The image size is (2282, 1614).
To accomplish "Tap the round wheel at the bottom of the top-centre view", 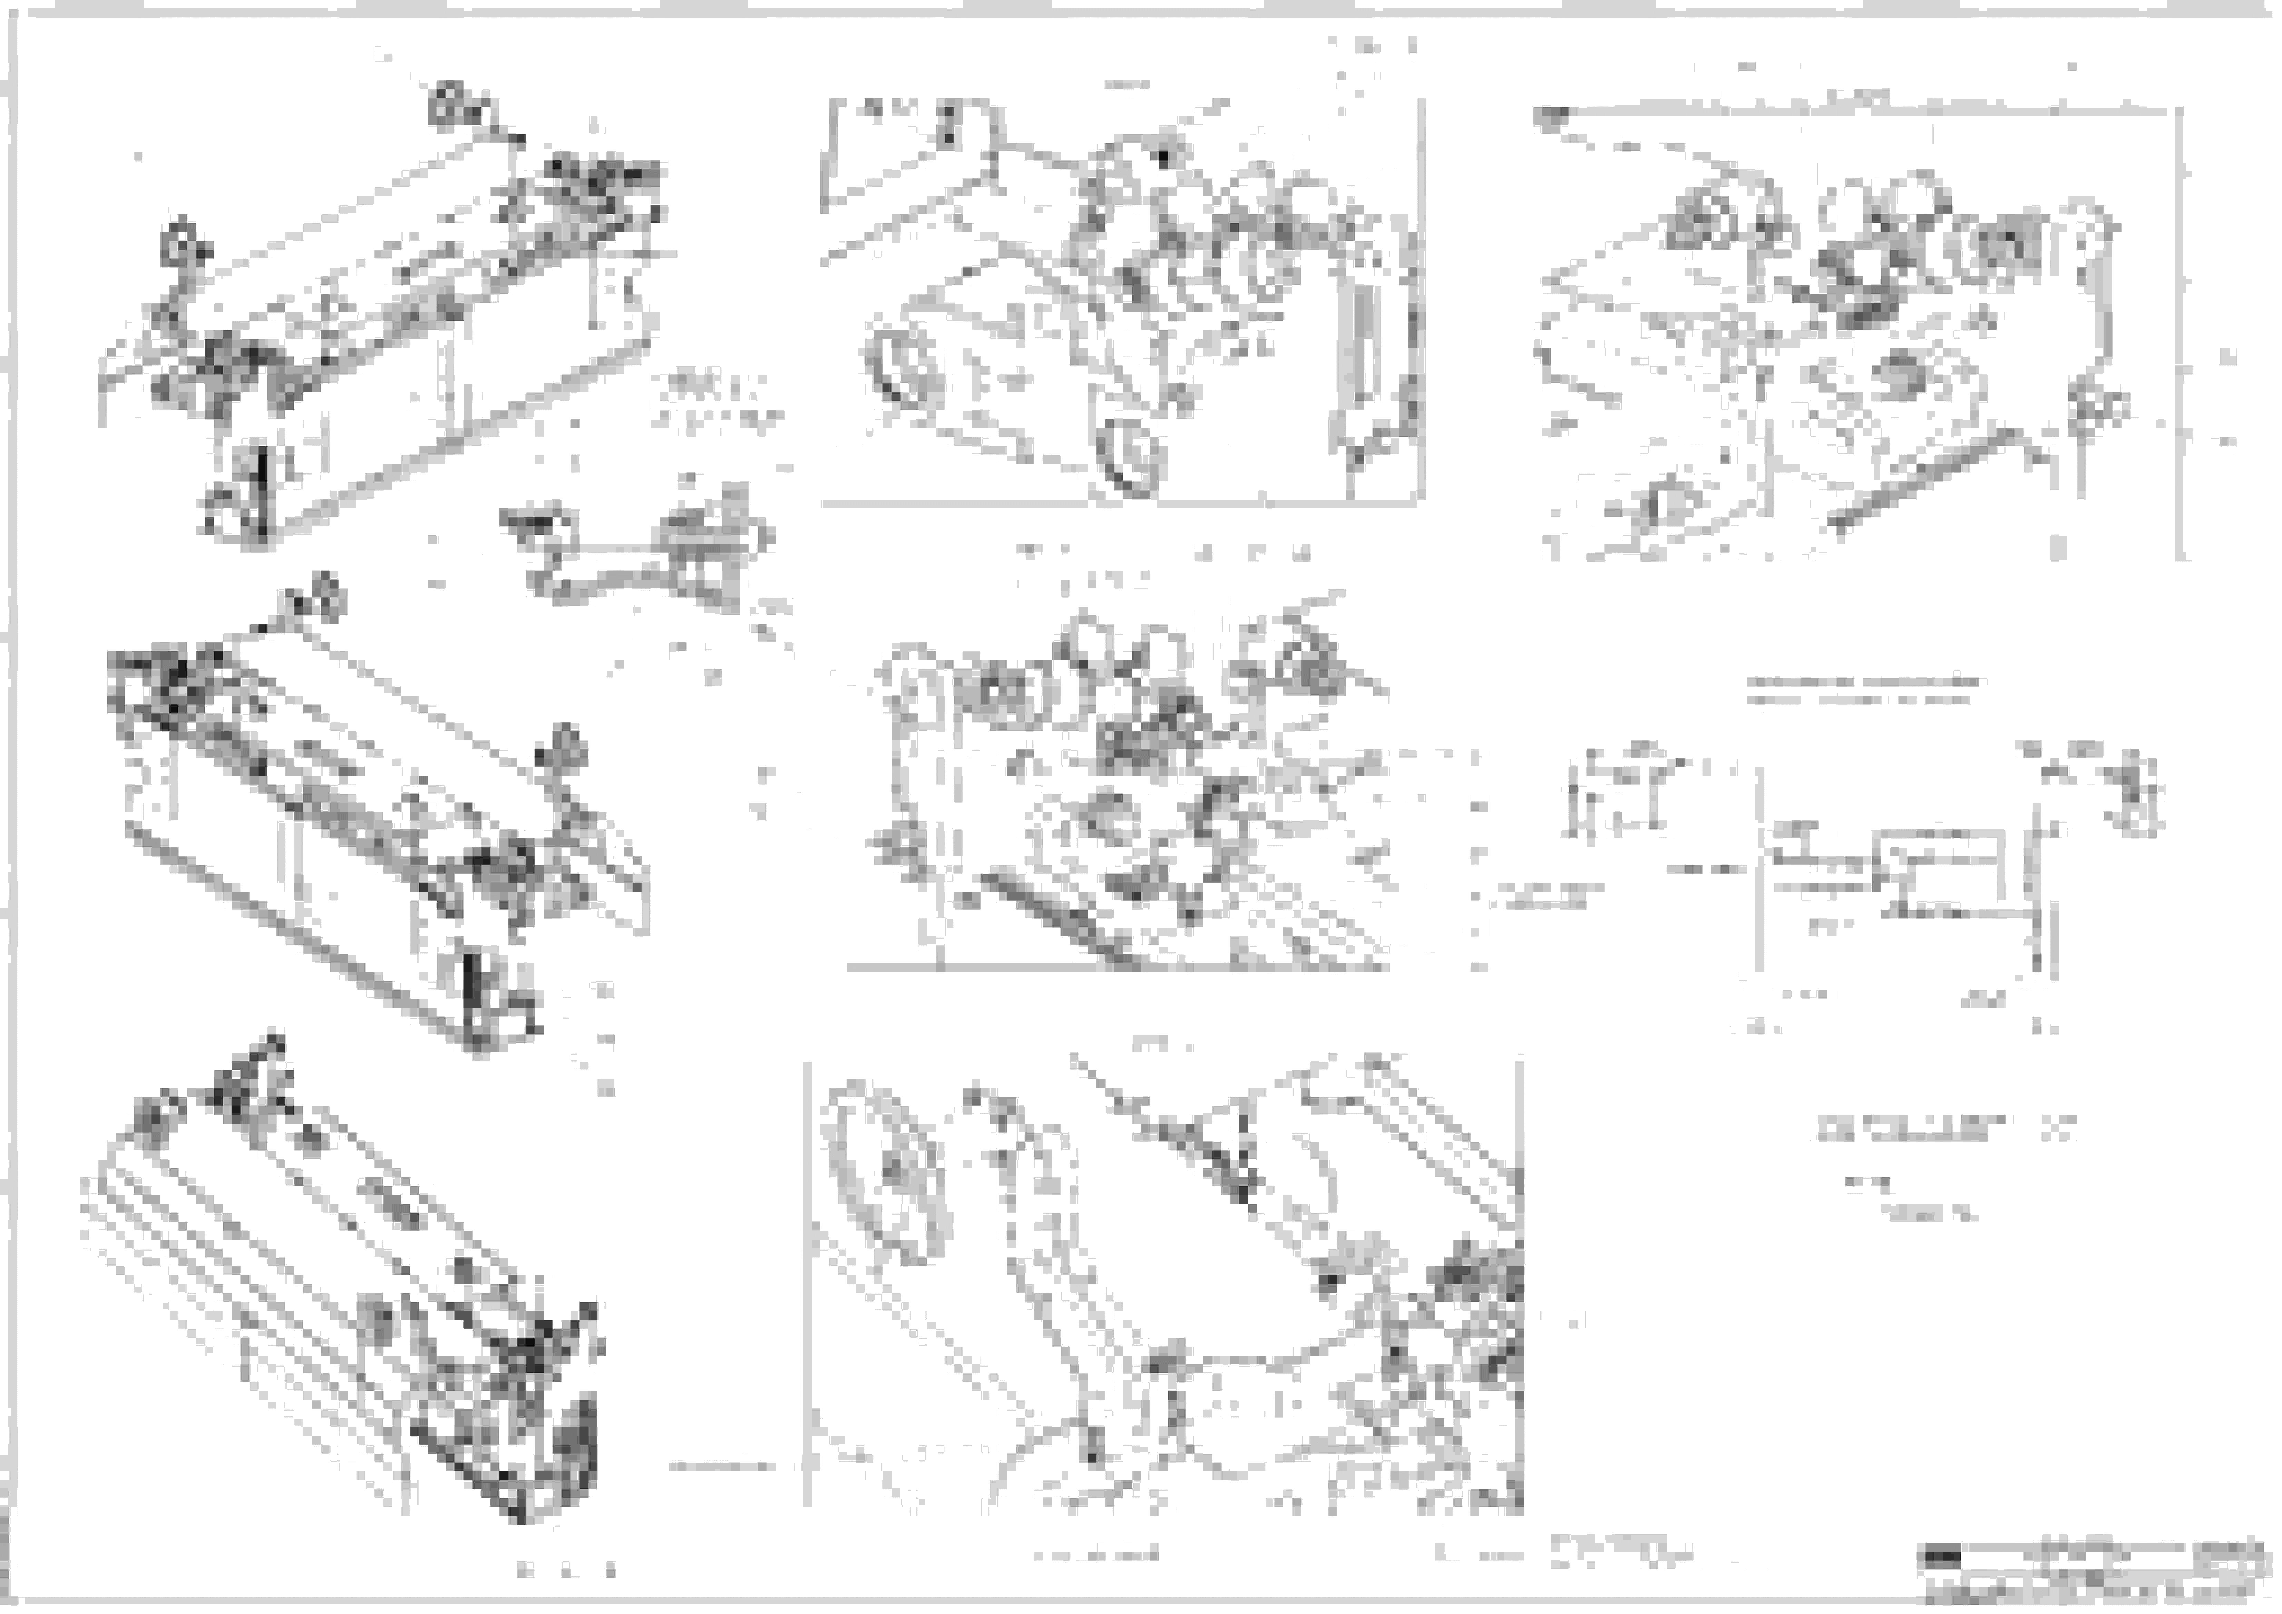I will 1130,457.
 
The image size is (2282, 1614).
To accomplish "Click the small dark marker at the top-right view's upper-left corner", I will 1548,119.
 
